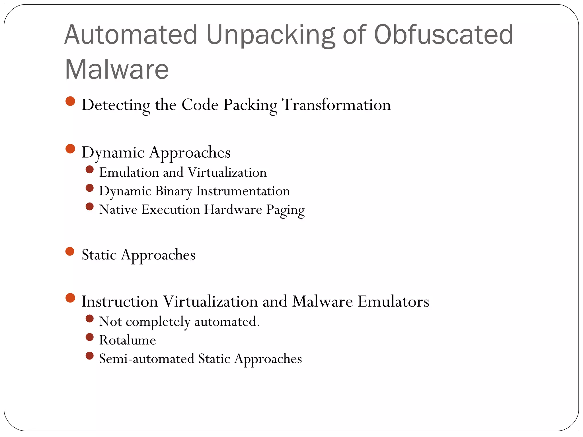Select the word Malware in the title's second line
(117, 69)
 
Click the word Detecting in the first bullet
(115, 105)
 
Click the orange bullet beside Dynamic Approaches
(70, 149)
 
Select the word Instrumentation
(243, 191)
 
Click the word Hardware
(233, 209)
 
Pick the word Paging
(285, 210)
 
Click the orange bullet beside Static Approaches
(70, 252)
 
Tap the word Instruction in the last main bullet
(120, 302)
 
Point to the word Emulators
(393, 302)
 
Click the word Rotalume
(128, 340)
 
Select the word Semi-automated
(147, 359)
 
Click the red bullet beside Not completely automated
(90, 319)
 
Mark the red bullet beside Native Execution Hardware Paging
(90, 207)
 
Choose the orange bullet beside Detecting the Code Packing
(70, 101)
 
